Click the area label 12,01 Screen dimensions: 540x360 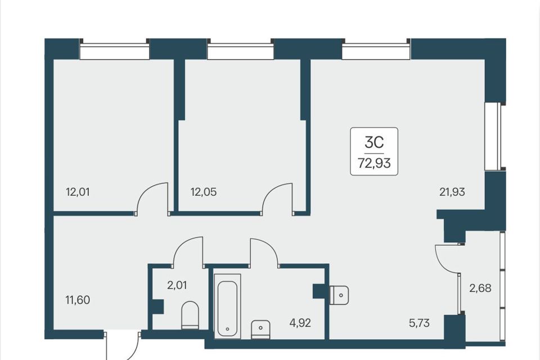click(x=78, y=192)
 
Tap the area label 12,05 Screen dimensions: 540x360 click(x=204, y=192)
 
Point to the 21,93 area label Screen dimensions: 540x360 click(x=452, y=192)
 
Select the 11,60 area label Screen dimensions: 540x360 click(x=78, y=300)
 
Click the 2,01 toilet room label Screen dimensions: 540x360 click(x=177, y=285)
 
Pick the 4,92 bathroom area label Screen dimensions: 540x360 click(x=300, y=323)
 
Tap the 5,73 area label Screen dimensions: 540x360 click(x=420, y=323)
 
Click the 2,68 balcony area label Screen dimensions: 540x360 click(x=480, y=288)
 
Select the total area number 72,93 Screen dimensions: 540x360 click(x=375, y=163)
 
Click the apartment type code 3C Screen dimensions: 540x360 click(x=375, y=142)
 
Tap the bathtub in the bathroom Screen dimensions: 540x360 click(x=227, y=306)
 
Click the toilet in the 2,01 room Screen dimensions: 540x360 click(x=190, y=315)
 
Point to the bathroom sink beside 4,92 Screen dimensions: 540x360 click(x=260, y=329)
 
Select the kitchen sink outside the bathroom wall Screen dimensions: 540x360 click(x=339, y=295)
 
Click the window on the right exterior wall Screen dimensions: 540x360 click(x=493, y=136)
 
